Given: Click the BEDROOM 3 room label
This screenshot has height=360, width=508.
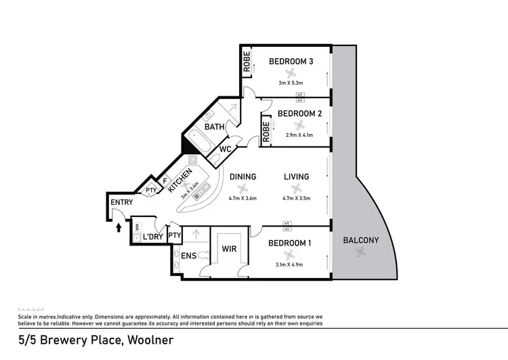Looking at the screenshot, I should click(291, 62).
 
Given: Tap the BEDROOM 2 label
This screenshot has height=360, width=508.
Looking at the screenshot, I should click(299, 113).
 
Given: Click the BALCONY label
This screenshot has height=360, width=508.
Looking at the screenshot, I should click(360, 240).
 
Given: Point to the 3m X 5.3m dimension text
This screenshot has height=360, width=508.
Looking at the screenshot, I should click(291, 83).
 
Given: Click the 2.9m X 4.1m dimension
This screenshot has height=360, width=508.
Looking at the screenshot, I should click(299, 135).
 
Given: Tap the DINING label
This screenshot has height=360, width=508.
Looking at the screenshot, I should click(242, 177).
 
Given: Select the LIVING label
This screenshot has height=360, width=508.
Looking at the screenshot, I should click(296, 177).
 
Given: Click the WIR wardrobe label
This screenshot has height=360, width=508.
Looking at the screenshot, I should click(228, 249).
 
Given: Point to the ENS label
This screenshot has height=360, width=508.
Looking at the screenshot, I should click(189, 256).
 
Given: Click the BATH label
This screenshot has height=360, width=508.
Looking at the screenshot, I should click(215, 127).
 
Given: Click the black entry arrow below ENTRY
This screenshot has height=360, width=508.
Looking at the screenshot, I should click(120, 227).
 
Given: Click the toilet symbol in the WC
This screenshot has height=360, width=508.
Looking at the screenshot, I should click(215, 159).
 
